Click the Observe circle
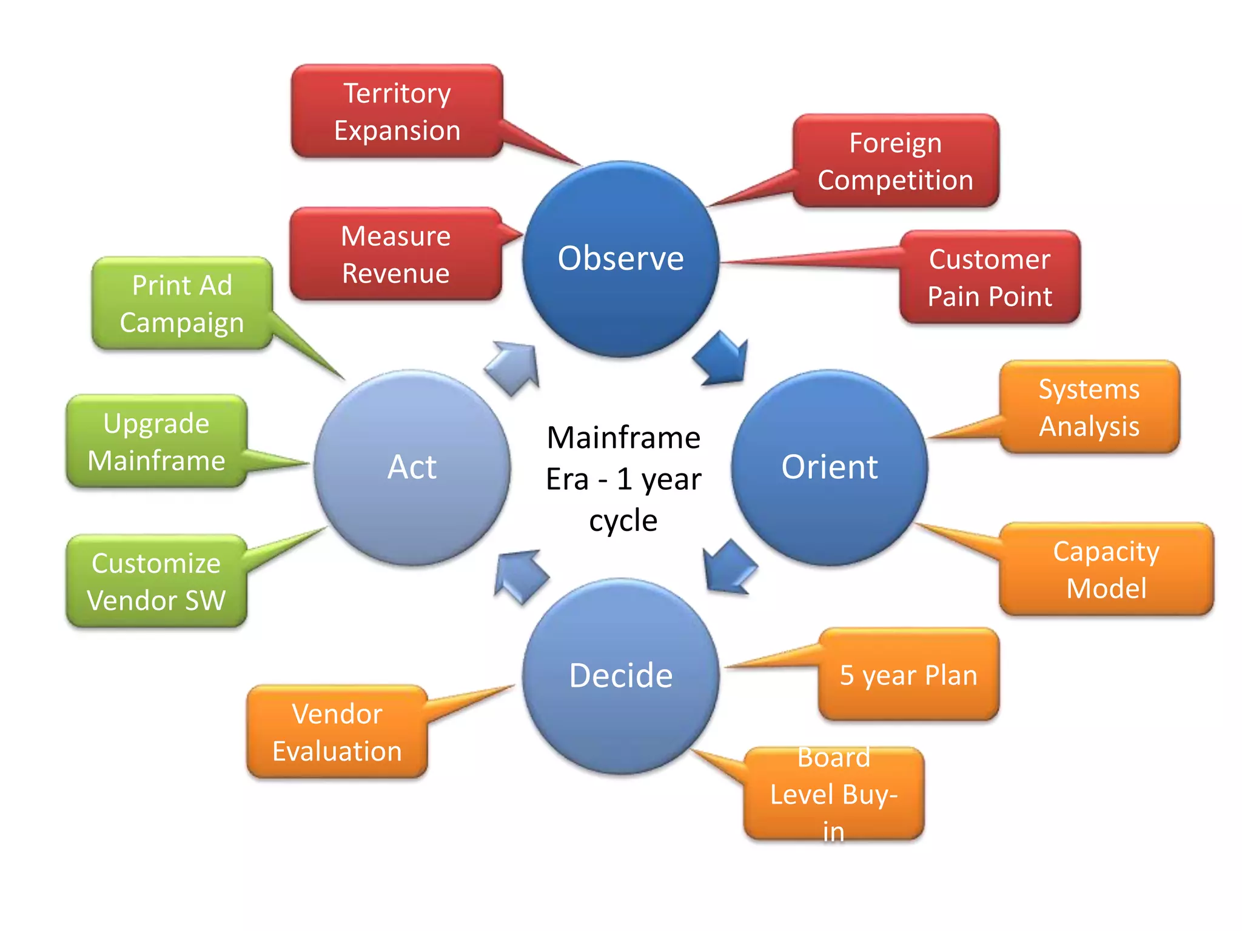coord(620,259)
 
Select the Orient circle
coord(829,467)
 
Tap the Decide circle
coord(620,676)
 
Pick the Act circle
coord(412,467)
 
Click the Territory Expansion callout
coord(397,112)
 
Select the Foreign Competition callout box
coord(896,161)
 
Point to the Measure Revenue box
coord(396,254)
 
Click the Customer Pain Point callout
coord(990,278)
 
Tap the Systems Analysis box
coord(1089,407)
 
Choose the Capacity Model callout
coord(1106,570)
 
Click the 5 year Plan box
coord(908,675)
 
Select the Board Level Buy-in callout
coord(834,794)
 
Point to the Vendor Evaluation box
coord(337,732)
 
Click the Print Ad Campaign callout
coord(182,304)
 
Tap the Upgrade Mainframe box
coord(156,442)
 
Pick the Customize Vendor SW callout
coord(156,581)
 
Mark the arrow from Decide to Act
coord(519,575)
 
